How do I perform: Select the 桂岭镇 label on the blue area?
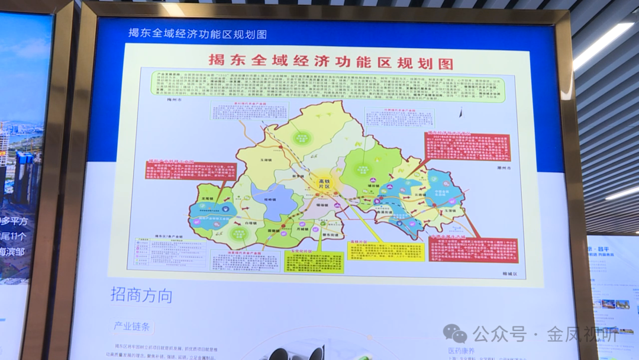(269, 200)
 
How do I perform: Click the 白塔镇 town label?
(252, 223)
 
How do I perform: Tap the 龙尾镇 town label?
(206, 200)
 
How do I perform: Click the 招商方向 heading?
(141, 295)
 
